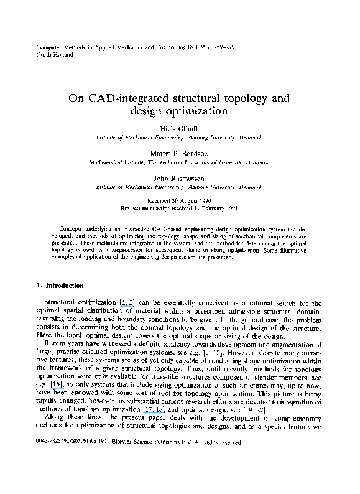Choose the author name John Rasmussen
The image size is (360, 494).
[x=180, y=177]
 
